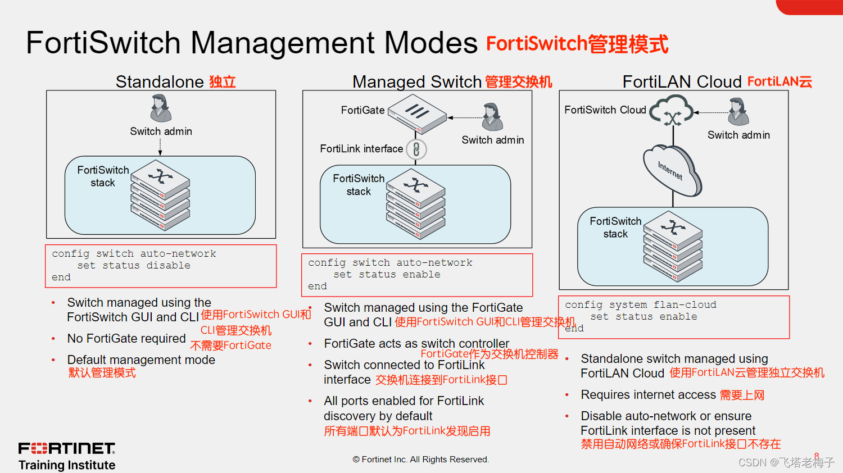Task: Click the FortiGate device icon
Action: (417, 113)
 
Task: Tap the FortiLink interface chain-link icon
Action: (416, 149)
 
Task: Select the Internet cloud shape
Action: (672, 170)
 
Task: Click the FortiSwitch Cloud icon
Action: (672, 111)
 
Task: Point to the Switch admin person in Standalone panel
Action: (161, 108)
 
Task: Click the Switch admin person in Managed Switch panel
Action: (492, 117)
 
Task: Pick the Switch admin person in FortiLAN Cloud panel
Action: (738, 112)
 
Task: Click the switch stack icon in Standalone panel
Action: (160, 195)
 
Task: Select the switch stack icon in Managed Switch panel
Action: (416, 204)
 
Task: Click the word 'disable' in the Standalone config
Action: (168, 265)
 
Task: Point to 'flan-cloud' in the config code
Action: (685, 304)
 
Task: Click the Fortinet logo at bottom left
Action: (67, 448)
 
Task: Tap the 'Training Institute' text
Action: (67, 465)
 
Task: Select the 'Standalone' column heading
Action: (160, 82)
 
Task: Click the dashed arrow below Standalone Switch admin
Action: (160, 147)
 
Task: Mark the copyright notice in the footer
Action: (420, 460)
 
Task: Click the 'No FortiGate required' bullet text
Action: (126, 338)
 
